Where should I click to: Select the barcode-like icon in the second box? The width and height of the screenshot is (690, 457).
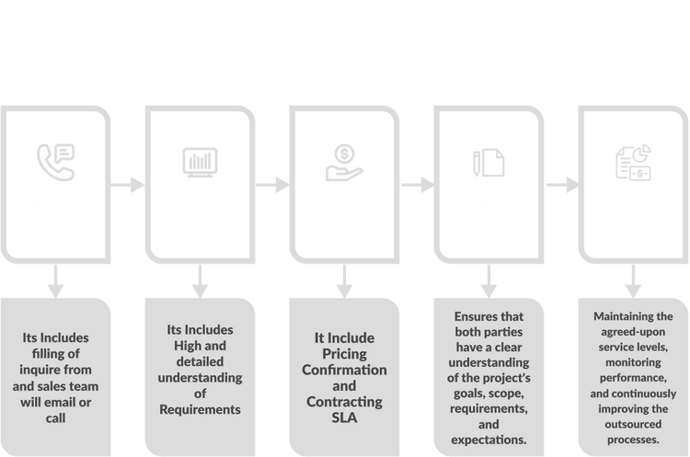tap(200, 162)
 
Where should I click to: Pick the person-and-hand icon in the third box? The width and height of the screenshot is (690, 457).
tap(342, 160)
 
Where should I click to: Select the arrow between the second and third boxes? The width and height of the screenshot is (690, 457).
tap(273, 185)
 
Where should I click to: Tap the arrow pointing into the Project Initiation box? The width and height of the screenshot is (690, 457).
tap(419, 185)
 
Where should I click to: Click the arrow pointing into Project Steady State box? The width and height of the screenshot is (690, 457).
tap(562, 185)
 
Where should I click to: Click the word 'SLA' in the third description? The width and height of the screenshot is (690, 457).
tap(343, 418)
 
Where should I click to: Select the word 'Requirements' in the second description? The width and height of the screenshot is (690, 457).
tap(200, 410)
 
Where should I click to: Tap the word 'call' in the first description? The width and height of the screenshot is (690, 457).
tap(55, 417)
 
